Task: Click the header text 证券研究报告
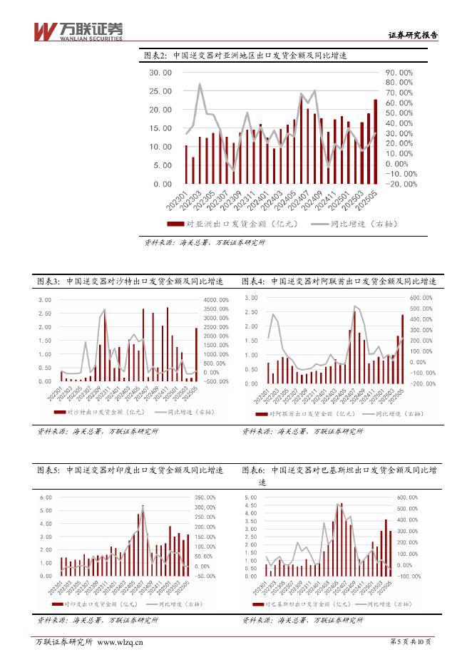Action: point(412,35)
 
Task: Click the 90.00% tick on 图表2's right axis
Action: point(399,73)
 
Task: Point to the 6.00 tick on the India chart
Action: point(45,497)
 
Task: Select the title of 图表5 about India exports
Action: point(130,470)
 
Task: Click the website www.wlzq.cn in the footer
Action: point(120,642)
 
